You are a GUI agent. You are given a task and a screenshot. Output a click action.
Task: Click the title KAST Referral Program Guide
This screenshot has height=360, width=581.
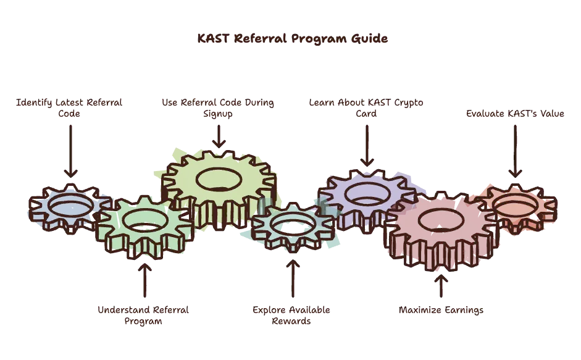[x=293, y=38]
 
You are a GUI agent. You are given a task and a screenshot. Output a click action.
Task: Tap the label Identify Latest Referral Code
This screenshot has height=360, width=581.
[x=69, y=108]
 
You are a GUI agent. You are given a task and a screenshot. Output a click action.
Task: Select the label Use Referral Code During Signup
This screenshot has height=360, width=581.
[x=218, y=108]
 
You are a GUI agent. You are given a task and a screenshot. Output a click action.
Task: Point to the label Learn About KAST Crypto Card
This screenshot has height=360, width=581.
[x=366, y=108]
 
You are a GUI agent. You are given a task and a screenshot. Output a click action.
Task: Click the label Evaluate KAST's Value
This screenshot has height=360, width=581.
[x=515, y=114]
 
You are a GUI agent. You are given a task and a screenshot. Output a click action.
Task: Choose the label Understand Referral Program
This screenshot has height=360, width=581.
[x=143, y=315]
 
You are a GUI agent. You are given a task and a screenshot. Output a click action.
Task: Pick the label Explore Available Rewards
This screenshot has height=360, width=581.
[x=291, y=315]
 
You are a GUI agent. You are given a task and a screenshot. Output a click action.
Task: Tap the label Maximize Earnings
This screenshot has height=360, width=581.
[x=441, y=310]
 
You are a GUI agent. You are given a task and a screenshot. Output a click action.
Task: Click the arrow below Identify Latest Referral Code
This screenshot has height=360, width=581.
[x=70, y=151]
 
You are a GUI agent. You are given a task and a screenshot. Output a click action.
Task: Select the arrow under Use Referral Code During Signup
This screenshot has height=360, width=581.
[x=219, y=136]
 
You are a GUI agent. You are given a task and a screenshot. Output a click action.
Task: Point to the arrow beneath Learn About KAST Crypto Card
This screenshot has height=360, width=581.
[x=367, y=146]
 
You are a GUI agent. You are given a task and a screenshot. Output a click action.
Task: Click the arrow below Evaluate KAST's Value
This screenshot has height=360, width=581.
[x=515, y=151]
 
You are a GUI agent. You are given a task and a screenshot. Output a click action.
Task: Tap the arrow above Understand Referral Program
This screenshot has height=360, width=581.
[x=144, y=280]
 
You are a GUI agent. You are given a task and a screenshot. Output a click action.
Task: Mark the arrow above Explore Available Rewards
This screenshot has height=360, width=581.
[x=293, y=278]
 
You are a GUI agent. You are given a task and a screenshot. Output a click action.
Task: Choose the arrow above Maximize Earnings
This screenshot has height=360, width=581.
[x=441, y=285]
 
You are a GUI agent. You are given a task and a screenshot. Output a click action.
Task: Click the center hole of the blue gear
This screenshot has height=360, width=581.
[x=70, y=206]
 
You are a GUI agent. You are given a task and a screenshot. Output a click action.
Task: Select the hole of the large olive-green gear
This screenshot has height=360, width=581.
[x=219, y=180]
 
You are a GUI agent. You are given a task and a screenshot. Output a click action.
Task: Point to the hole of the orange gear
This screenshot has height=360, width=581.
[x=515, y=206]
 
